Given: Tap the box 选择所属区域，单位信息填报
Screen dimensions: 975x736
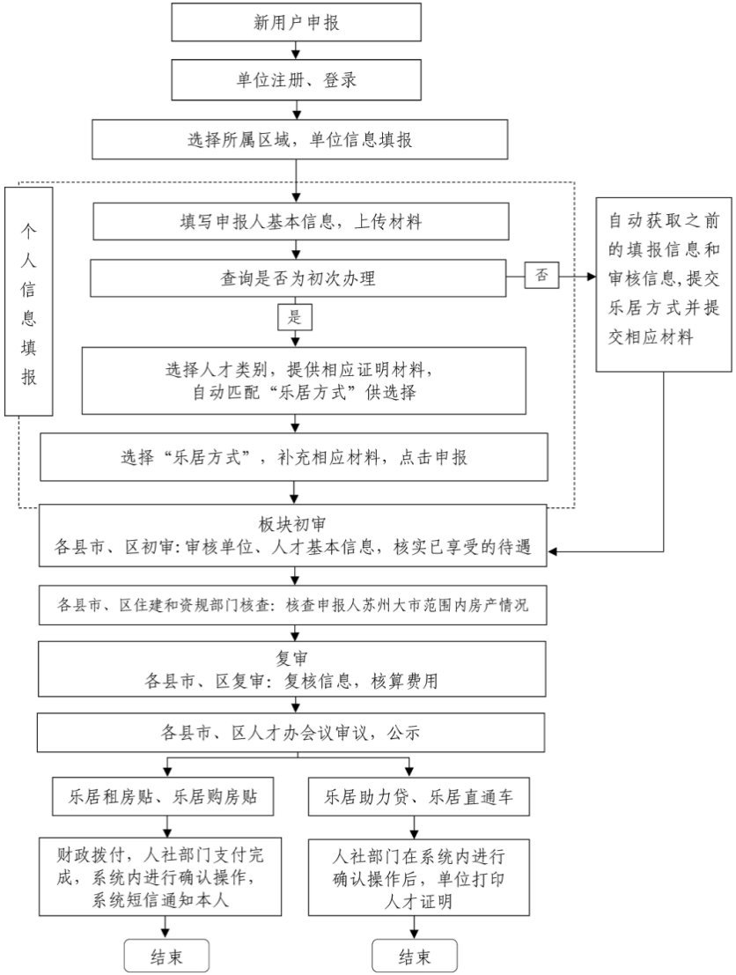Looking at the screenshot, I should [299, 140].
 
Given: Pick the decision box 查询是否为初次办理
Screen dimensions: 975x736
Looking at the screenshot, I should [299, 278].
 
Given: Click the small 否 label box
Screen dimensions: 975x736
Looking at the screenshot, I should [541, 275].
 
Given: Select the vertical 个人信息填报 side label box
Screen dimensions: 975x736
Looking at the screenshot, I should [29, 301].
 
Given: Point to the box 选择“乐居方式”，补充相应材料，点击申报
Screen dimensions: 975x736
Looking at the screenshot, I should [294, 458].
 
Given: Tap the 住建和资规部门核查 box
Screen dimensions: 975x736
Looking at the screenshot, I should [294, 606].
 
